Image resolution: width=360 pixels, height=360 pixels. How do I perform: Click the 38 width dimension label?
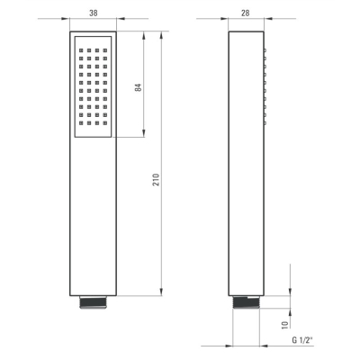click(x=94, y=13)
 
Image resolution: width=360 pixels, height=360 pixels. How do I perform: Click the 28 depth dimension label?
click(x=245, y=13)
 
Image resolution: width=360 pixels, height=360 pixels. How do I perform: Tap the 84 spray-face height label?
click(x=138, y=87)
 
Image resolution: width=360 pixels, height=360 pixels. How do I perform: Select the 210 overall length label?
click(x=156, y=180)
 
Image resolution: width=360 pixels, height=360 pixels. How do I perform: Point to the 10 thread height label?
click(x=284, y=324)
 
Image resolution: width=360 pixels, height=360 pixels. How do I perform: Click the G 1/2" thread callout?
click(x=302, y=340)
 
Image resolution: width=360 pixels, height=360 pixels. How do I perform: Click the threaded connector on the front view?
click(x=93, y=302)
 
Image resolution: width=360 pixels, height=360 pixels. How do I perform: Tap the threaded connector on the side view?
click(x=246, y=302)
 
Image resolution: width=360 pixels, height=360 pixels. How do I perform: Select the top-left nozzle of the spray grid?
click(x=81, y=50)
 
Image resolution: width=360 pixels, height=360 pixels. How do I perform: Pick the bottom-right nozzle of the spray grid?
click(x=105, y=122)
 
